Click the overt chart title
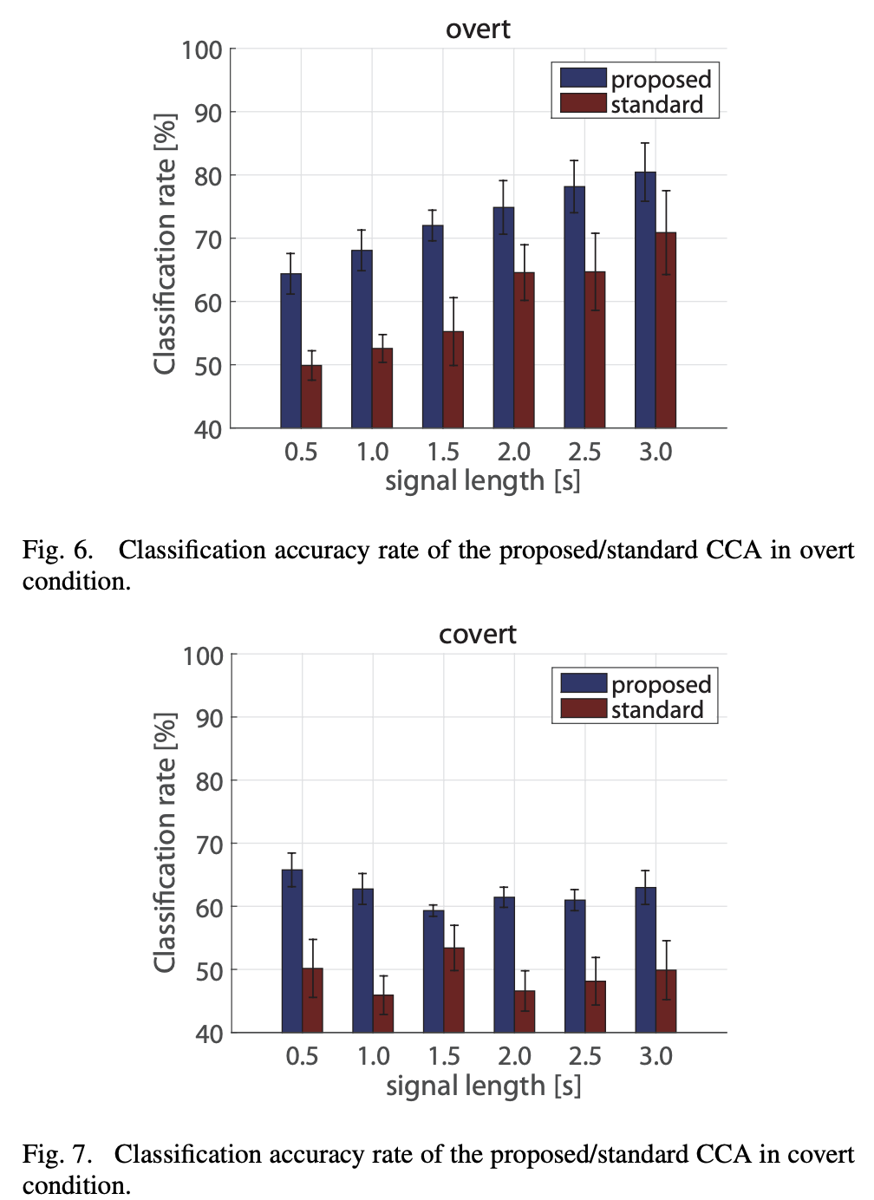(478, 29)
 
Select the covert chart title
(478, 635)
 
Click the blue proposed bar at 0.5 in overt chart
(291, 351)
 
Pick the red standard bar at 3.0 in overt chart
(666, 330)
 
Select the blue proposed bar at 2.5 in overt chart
(574, 307)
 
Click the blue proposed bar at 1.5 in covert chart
(434, 971)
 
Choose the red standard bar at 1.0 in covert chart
(383, 1014)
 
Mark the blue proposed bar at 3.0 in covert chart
(646, 960)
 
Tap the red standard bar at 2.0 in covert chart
(525, 1011)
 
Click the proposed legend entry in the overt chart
(636, 79)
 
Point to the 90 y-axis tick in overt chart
(208, 113)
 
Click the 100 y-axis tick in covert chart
(204, 655)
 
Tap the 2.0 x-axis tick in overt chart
(514, 452)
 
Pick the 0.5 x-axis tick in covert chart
(302, 1056)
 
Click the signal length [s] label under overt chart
(483, 481)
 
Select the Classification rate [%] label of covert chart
(165, 843)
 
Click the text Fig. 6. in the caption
(57, 551)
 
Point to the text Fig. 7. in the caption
(57, 1155)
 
